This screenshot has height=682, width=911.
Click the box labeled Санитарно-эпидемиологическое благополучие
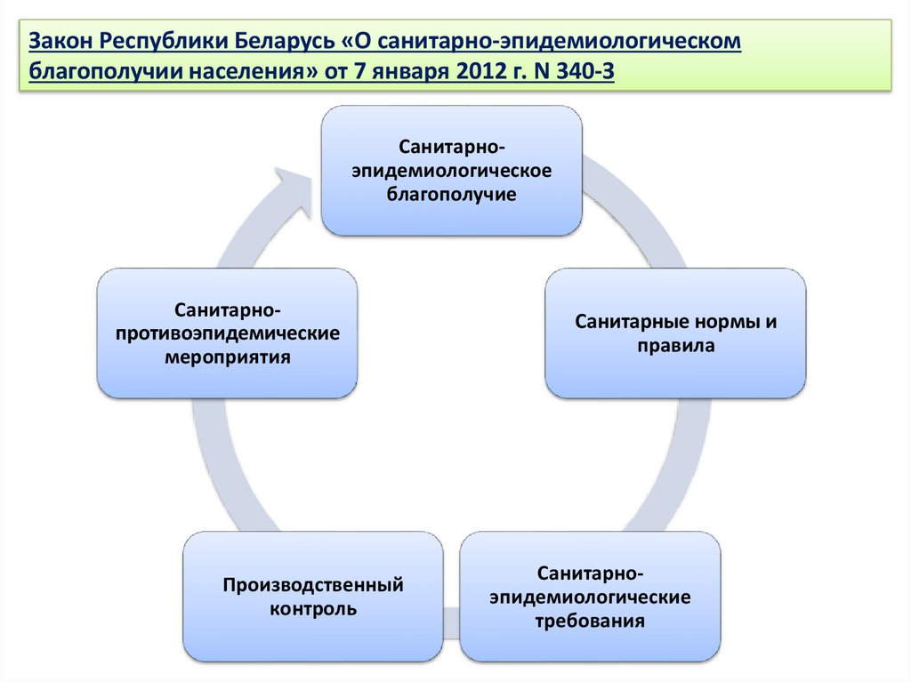451,170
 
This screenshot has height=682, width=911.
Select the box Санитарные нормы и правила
675,333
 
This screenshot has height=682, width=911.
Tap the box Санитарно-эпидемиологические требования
590,595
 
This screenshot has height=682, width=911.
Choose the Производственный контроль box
313,597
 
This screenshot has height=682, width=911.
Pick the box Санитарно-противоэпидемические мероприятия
227,333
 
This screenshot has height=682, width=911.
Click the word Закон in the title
59,41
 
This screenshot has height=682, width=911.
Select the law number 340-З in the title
584,70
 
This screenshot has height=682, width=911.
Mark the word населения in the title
253,70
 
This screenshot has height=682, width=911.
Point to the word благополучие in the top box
451,194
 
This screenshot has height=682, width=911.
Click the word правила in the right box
675,345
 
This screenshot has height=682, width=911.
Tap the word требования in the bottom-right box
590,620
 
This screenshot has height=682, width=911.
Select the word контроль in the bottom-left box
313,609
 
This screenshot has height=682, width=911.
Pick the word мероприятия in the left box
228,357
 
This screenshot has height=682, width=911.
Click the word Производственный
313,585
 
